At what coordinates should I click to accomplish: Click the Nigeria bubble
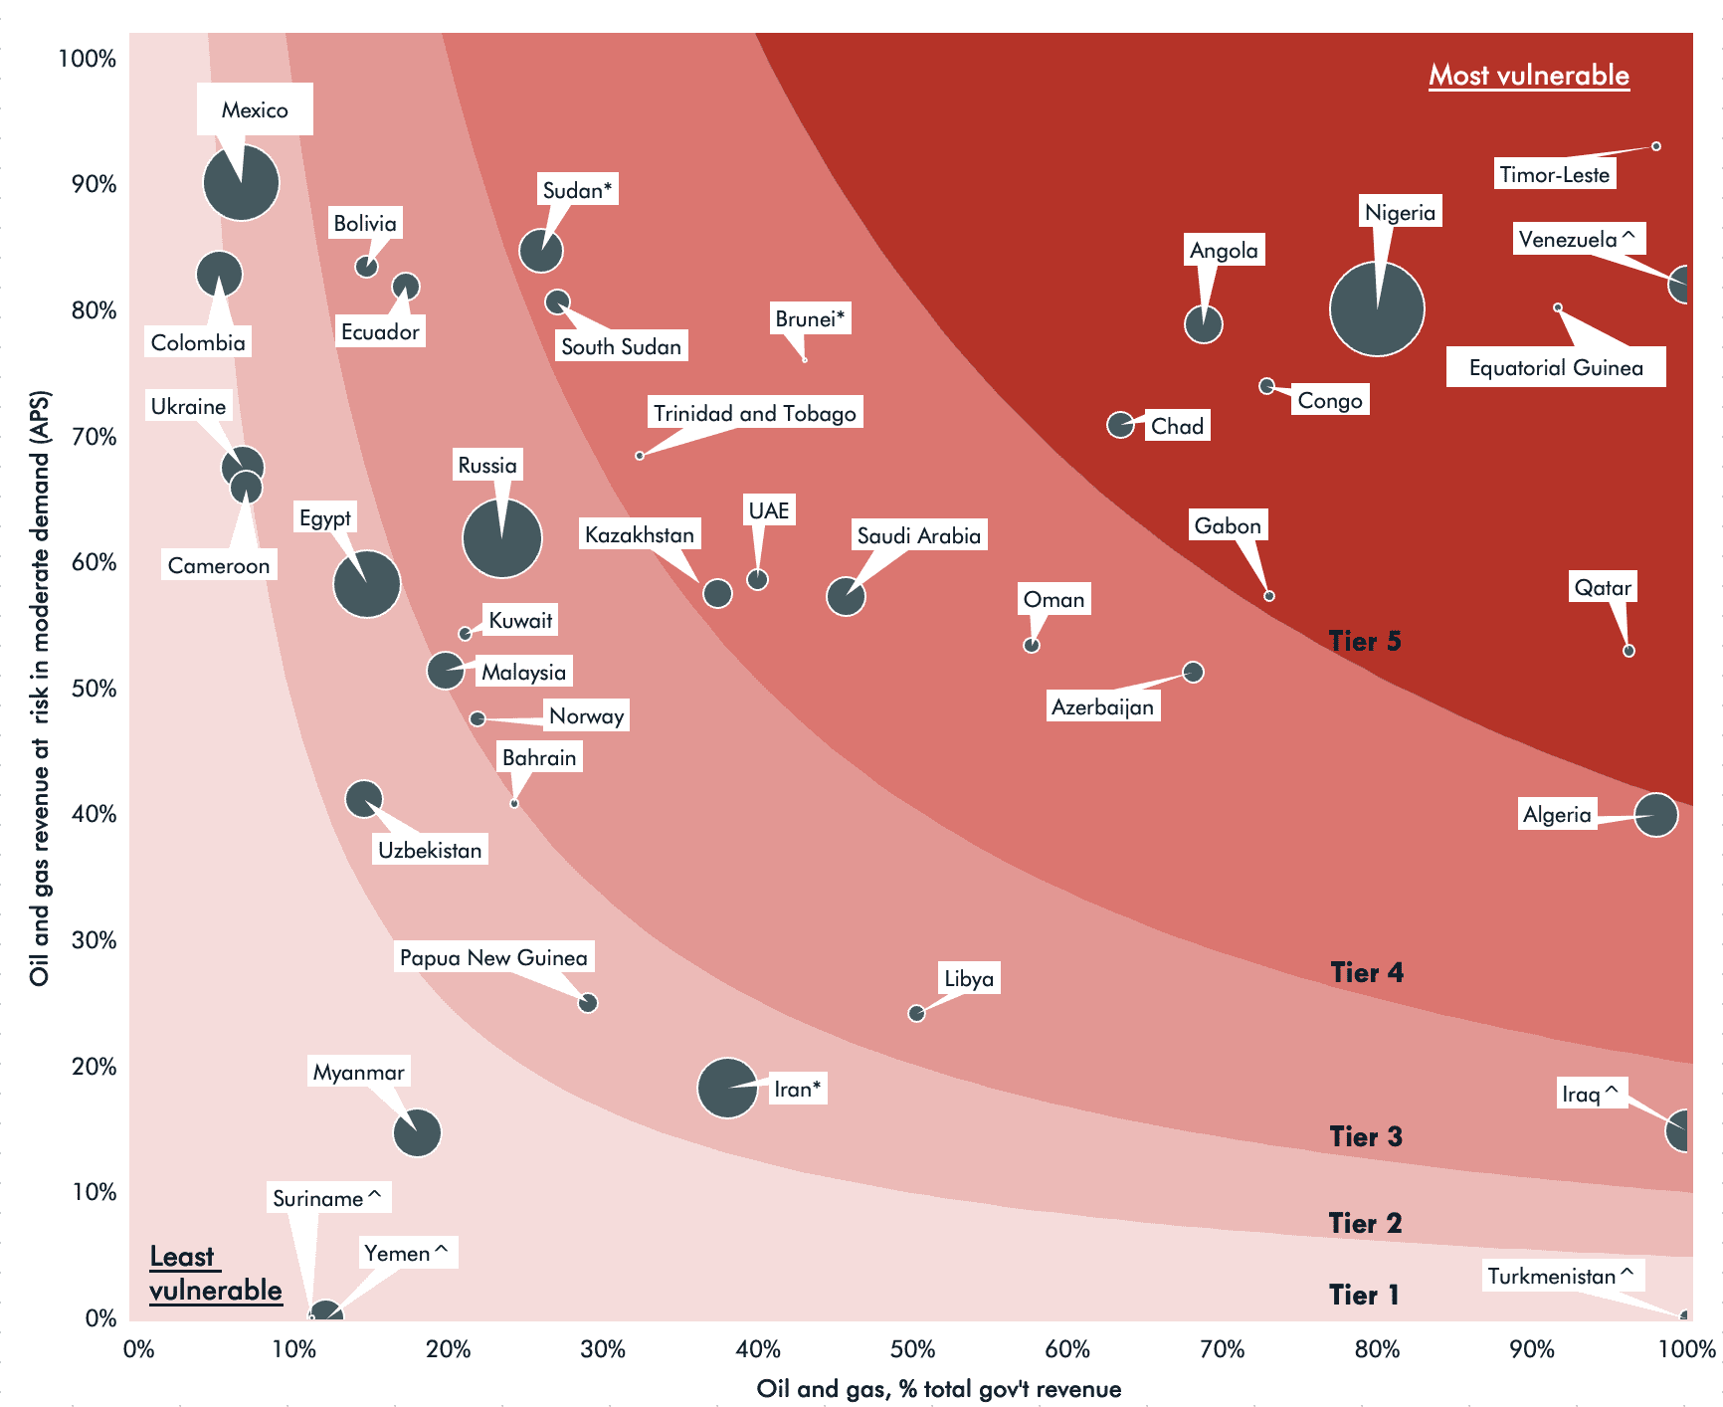1377,308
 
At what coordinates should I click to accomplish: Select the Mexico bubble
241,182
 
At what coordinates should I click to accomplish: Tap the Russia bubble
502,538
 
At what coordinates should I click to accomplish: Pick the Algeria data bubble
1656,815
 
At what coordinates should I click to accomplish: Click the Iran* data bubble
728,1088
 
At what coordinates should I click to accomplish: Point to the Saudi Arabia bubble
846,596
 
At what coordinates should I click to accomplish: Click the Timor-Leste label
1554,174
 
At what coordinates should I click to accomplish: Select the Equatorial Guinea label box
1555,367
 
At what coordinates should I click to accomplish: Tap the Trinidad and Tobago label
754,413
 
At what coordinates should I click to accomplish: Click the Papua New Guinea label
493,957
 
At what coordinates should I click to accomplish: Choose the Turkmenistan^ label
1560,1276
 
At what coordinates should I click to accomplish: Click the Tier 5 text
1365,641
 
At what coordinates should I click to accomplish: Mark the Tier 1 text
1364,1295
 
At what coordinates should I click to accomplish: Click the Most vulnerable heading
1528,76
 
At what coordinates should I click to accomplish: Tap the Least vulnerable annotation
215,1273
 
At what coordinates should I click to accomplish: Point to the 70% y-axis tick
94,436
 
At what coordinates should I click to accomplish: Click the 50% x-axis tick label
912,1349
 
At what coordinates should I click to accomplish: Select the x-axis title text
938,1388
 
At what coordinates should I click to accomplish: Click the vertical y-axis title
39,687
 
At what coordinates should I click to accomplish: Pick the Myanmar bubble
417,1132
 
